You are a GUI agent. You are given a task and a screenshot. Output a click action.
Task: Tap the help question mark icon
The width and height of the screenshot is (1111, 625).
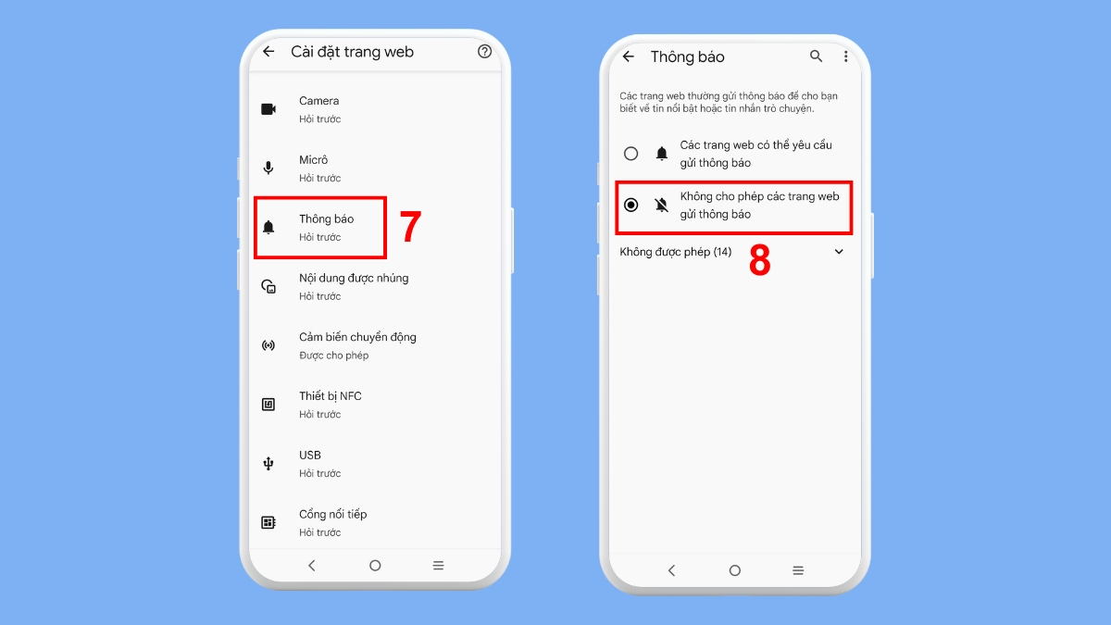tap(484, 52)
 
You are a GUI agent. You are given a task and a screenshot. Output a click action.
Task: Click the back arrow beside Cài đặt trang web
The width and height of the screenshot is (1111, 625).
tap(268, 52)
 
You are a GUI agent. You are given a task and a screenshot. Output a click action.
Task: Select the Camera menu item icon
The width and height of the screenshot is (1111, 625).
tap(268, 109)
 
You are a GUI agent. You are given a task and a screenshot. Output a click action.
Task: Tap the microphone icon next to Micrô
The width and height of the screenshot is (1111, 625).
tap(268, 168)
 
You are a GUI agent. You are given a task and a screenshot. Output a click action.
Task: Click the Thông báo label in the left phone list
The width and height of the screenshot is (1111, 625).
tap(326, 219)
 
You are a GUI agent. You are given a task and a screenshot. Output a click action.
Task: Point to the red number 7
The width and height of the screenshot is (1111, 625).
tap(410, 228)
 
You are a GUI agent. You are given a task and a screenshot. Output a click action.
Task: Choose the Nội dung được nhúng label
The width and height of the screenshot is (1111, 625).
tap(353, 278)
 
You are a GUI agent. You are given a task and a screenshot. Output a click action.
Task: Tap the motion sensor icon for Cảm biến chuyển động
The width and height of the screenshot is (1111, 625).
tap(268, 345)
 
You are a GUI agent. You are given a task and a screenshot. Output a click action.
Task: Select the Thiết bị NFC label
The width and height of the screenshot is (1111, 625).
tap(330, 396)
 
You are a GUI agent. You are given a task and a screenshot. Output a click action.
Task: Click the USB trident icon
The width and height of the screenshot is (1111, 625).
tap(268, 464)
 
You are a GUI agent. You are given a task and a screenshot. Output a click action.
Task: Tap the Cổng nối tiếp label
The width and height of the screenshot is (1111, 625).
tap(332, 514)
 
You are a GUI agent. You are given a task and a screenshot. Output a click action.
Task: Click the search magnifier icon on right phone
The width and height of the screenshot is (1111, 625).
tap(816, 56)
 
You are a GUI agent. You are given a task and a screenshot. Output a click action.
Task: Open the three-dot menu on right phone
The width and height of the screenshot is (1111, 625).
tap(845, 56)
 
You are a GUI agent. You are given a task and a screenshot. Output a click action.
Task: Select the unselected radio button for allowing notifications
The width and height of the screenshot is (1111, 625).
tap(631, 154)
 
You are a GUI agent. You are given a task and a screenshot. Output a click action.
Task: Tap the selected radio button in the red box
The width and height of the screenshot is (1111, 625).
tap(631, 205)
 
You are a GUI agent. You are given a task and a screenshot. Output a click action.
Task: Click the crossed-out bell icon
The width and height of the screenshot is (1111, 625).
tap(661, 205)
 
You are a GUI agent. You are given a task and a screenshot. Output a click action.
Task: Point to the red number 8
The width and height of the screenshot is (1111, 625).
tap(759, 262)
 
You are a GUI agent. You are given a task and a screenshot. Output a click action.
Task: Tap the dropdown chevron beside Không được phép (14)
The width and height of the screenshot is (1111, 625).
tap(839, 252)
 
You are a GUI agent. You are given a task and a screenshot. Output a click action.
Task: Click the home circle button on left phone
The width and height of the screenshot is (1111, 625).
tap(375, 565)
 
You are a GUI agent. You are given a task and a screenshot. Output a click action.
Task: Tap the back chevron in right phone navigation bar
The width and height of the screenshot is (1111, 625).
tap(671, 570)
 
